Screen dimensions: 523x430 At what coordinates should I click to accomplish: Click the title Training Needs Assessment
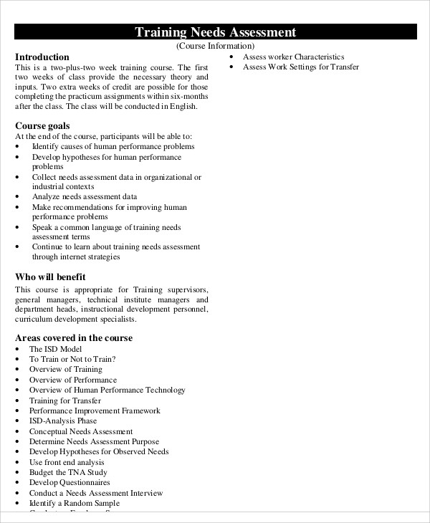tap(215, 32)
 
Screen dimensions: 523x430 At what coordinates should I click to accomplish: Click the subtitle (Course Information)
tap(215, 46)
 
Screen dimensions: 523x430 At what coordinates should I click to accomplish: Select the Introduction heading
tap(42, 57)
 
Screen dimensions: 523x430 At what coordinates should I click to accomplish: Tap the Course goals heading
tap(42, 125)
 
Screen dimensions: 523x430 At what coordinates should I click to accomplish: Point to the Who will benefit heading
tap(50, 276)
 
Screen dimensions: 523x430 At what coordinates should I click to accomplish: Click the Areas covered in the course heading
tap(74, 338)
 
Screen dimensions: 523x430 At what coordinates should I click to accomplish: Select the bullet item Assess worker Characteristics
tap(293, 57)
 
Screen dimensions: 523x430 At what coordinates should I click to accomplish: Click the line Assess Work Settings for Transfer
tap(301, 67)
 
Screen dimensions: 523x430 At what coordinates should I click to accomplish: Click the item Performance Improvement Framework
tap(95, 411)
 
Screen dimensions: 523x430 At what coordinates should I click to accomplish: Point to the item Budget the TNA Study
tap(68, 473)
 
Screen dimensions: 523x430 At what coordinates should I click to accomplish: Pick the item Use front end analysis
tap(67, 462)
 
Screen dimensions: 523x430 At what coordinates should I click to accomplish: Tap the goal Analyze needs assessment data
tap(84, 196)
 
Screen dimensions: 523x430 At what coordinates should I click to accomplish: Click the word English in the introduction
tap(183, 107)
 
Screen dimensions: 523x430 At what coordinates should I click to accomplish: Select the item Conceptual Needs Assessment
tap(80, 431)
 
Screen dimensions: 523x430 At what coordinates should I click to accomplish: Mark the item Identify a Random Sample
tap(74, 504)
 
